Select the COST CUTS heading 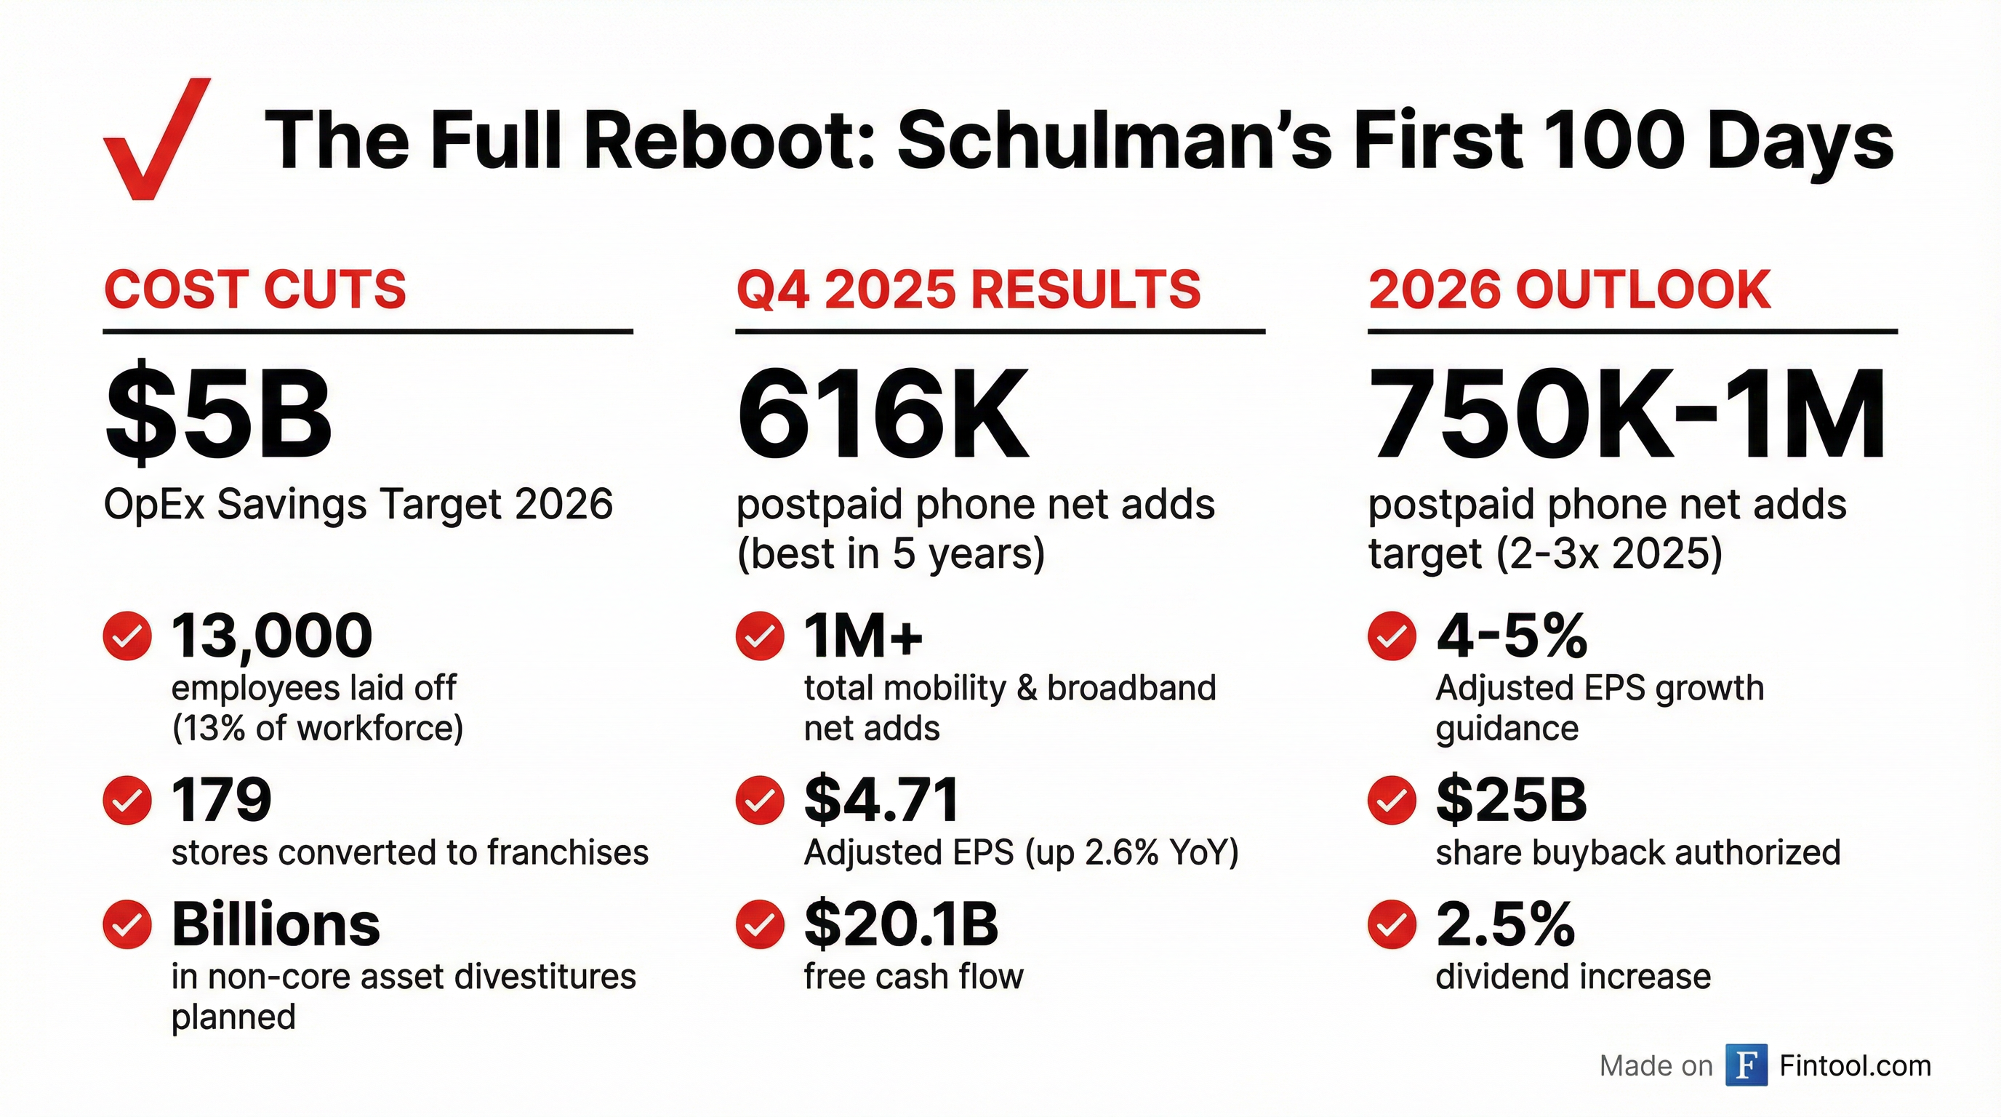(x=254, y=289)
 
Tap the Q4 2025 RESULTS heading (x=968, y=289)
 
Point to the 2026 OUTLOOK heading (x=1569, y=289)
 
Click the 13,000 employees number (x=272, y=636)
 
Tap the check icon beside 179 (x=127, y=799)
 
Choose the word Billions (x=276, y=924)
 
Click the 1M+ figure (x=863, y=636)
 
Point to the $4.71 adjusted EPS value (x=882, y=799)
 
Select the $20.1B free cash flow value (x=901, y=924)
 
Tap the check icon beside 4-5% (x=1392, y=636)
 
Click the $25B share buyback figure (x=1511, y=799)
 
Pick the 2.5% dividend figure (x=1505, y=924)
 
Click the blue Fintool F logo (x=1747, y=1065)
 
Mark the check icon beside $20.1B (x=760, y=924)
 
